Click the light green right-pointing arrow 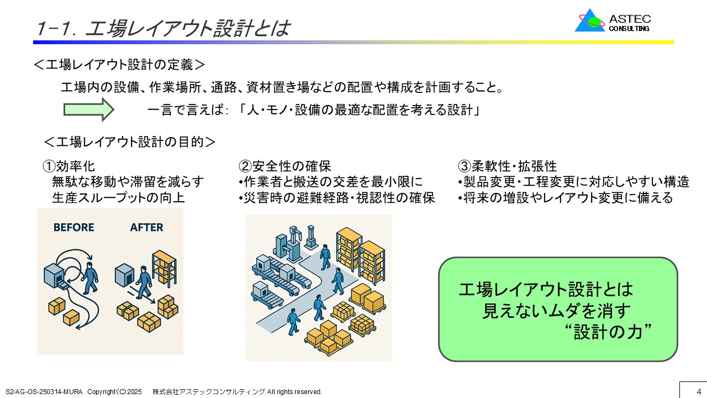coord(89,109)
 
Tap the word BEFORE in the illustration coord(74,227)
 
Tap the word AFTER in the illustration coord(146,227)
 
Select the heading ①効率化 coord(69,166)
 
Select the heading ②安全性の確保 coord(284,166)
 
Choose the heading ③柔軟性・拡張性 coord(507,166)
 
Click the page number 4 coord(699,391)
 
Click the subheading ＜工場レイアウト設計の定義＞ coord(119,65)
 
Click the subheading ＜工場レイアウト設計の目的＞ coord(130,142)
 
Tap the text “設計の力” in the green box coord(608,332)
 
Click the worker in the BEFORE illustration coord(90,278)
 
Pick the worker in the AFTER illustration coord(144,282)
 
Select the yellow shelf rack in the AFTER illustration coord(164,268)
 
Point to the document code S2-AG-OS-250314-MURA coord(44,392)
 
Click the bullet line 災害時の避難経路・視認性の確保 coord(337,198)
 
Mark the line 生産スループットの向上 coord(118,198)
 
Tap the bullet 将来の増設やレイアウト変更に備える coord(566,198)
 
